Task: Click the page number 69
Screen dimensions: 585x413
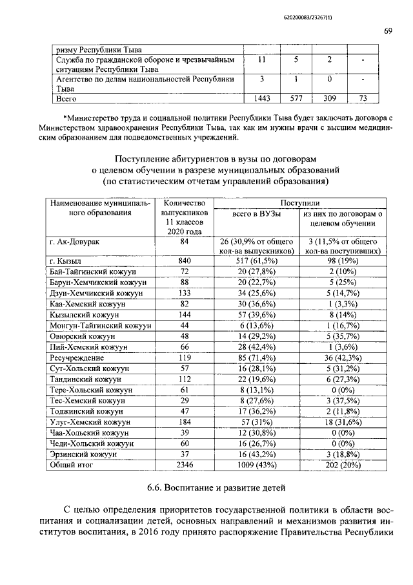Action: click(x=388, y=31)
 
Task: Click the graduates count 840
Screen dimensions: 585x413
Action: click(x=184, y=260)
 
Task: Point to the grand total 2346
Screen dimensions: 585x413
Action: click(x=184, y=465)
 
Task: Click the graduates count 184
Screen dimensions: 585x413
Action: click(x=184, y=421)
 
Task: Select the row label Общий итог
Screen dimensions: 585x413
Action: click(x=72, y=465)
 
